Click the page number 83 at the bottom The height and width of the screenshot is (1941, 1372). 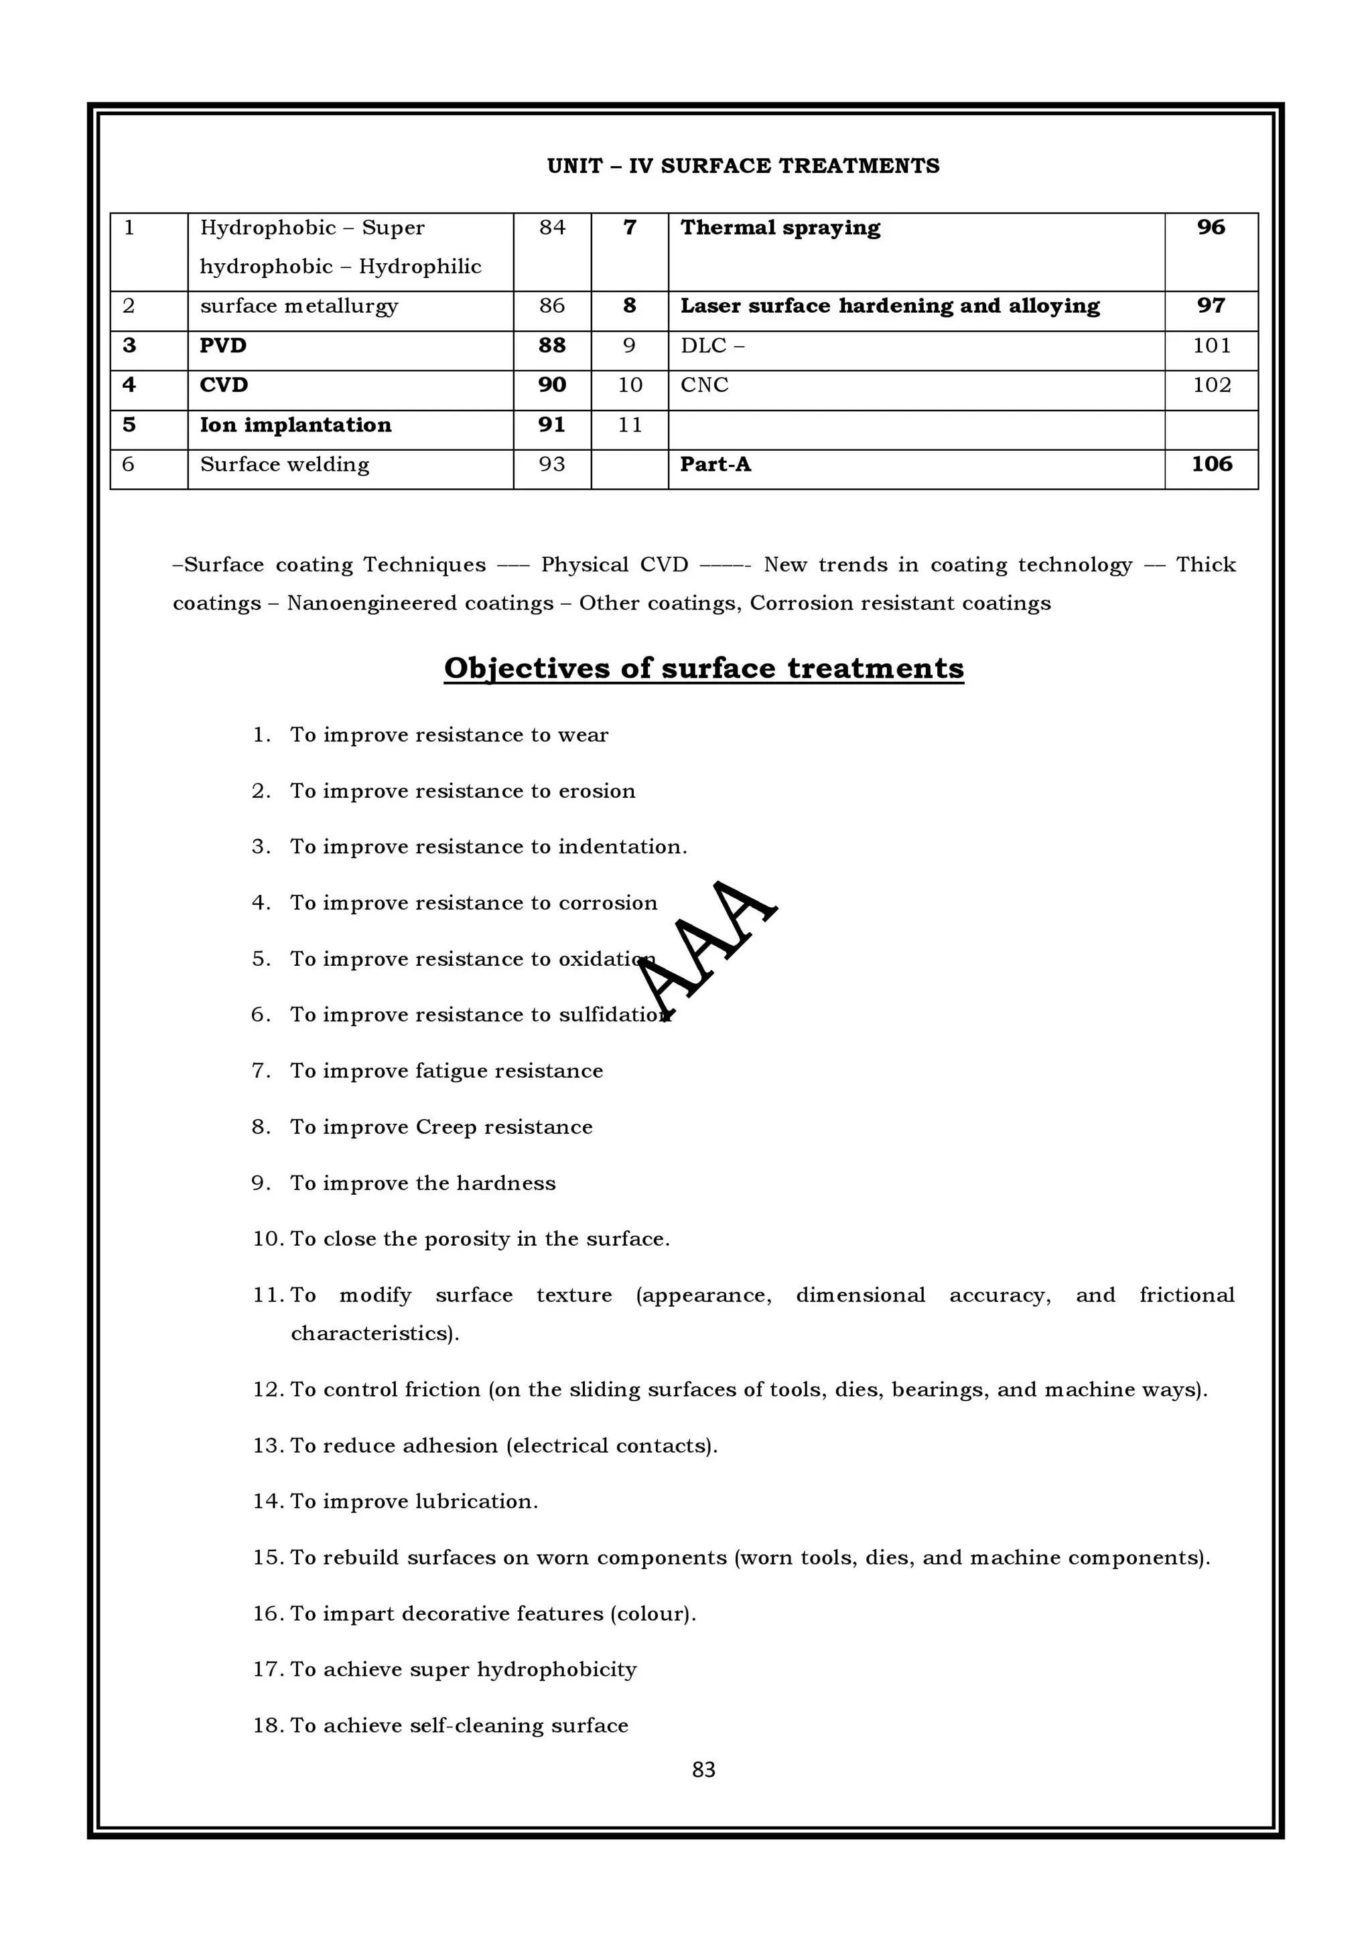pyautogui.click(x=703, y=1770)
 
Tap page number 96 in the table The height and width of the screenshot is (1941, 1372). pyautogui.click(x=1211, y=228)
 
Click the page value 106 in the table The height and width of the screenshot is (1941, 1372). pyautogui.click(x=1211, y=464)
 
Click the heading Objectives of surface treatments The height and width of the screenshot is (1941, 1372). pyautogui.click(x=703, y=668)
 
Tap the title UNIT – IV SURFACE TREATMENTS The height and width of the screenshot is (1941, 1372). pyautogui.click(x=743, y=167)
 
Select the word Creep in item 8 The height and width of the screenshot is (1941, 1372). pyautogui.click(x=445, y=1128)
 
